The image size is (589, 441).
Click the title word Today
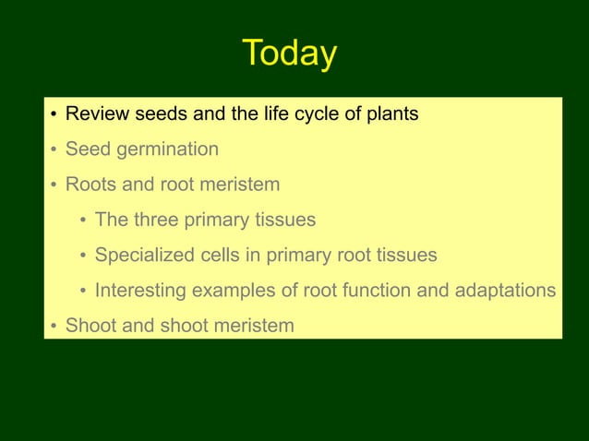pyautogui.click(x=289, y=54)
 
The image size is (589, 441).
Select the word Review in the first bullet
pyautogui.click(x=97, y=114)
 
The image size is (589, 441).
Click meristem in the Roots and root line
pyautogui.click(x=239, y=185)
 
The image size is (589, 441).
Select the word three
pyautogui.click(x=157, y=220)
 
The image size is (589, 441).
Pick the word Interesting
pyautogui.click(x=142, y=291)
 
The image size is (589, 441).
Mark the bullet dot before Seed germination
pyautogui.click(x=54, y=150)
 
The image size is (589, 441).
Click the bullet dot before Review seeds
pyautogui.click(x=54, y=115)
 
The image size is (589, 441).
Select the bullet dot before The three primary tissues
pyautogui.click(x=83, y=221)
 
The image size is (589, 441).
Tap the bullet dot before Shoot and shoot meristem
pyautogui.click(x=54, y=327)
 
